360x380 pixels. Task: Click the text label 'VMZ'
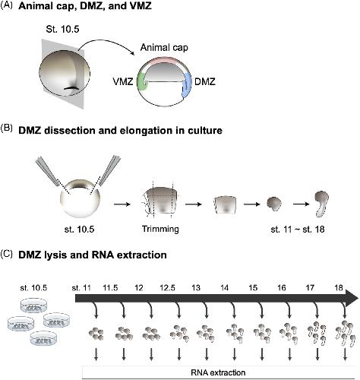click(x=123, y=82)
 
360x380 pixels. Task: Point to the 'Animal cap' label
click(x=164, y=48)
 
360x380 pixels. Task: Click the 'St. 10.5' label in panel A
click(x=62, y=30)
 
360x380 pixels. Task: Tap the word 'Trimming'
click(x=160, y=229)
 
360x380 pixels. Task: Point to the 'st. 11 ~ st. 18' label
click(x=298, y=230)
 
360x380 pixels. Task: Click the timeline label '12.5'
click(x=167, y=288)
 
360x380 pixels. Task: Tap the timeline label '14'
click(x=224, y=288)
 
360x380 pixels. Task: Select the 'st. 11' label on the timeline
click(x=81, y=288)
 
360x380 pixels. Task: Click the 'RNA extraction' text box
click(x=218, y=372)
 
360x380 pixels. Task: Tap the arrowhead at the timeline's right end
click(x=351, y=299)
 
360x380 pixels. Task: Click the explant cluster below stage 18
click(x=344, y=333)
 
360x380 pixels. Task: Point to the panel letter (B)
click(x=7, y=128)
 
